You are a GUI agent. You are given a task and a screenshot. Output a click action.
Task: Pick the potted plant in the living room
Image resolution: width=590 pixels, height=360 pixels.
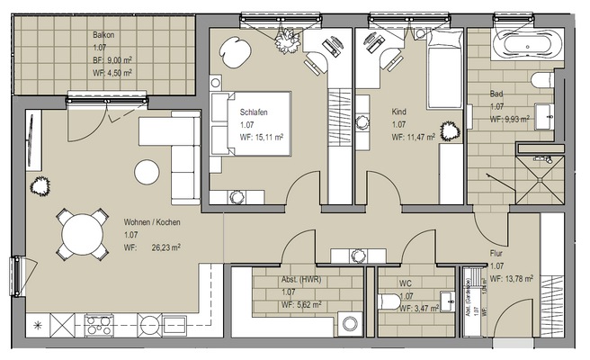pos(39,186)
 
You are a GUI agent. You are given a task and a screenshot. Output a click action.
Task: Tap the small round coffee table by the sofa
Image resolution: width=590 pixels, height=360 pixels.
pos(147,170)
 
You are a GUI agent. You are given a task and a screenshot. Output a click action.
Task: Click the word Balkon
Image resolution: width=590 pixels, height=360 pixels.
pos(103,35)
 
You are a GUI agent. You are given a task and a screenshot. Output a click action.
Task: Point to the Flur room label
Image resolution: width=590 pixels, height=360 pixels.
pos(496,255)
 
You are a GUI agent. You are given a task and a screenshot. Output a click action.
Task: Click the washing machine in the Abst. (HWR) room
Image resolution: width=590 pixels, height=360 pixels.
pos(352,320)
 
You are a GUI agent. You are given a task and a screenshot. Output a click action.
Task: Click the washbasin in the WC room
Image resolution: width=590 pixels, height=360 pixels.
pos(446,300)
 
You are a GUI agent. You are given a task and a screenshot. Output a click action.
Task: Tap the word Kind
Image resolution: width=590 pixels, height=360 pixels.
pos(399,112)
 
